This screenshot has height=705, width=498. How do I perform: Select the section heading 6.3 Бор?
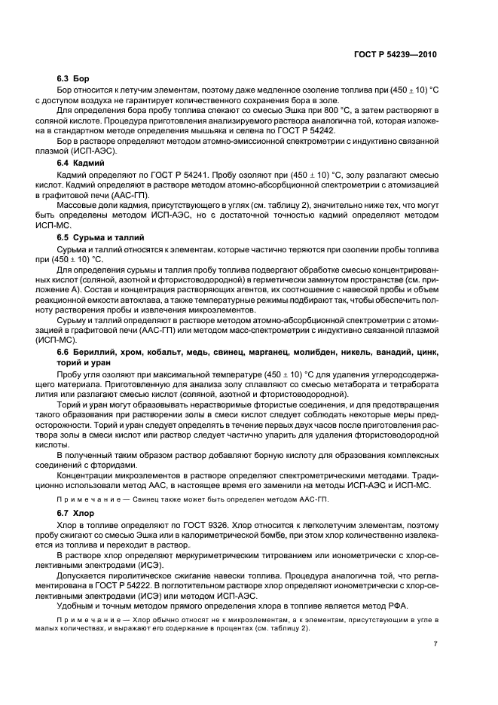click(x=73, y=78)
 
